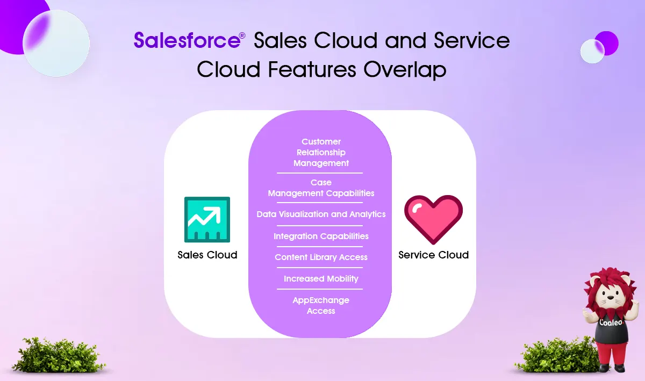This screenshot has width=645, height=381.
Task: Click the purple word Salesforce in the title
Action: pos(187,40)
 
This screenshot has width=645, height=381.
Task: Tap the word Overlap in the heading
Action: pos(405,69)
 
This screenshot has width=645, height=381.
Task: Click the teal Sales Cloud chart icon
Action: pos(207,219)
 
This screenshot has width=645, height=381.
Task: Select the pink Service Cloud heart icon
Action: pos(433,219)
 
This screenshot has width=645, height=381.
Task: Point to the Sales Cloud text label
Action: pos(207,255)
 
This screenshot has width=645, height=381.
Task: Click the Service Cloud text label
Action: pos(433,255)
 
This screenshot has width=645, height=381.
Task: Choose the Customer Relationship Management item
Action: pos(321,152)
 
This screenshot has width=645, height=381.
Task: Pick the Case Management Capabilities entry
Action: pos(321,188)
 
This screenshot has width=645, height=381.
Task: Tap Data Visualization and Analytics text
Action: pos(321,214)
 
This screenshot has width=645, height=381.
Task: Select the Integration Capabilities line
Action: pos(321,236)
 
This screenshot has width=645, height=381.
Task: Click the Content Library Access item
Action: pos(321,257)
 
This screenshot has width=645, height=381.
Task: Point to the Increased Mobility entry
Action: pos(321,279)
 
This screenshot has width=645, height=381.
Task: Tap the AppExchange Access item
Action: pos(321,306)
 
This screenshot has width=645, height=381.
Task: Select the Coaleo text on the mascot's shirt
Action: pos(611,322)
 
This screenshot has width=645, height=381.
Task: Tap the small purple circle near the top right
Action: pos(607,43)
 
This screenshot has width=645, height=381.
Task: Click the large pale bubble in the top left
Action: pos(56,43)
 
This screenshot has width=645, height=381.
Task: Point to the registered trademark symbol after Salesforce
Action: pos(242,35)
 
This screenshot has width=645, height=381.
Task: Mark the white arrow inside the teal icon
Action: pos(204,215)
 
